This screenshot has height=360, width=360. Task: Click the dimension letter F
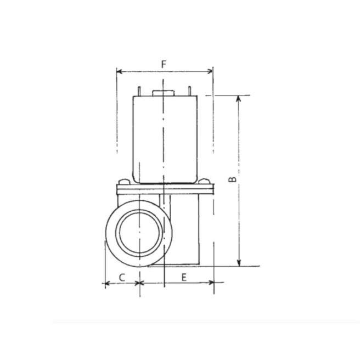(x=164, y=64)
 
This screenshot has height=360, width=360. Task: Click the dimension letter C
(x=122, y=277)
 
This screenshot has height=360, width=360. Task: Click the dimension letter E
(x=184, y=277)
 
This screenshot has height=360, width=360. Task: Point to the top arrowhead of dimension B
(x=239, y=98)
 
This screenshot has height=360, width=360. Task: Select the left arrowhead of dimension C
(x=106, y=284)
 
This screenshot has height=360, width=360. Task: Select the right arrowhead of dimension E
(x=211, y=284)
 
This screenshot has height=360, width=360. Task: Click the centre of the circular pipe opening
(x=140, y=233)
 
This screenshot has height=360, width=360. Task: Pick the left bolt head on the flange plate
(x=123, y=182)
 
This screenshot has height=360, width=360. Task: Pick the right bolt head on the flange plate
(x=205, y=182)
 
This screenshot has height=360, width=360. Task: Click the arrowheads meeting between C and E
(x=140, y=284)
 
